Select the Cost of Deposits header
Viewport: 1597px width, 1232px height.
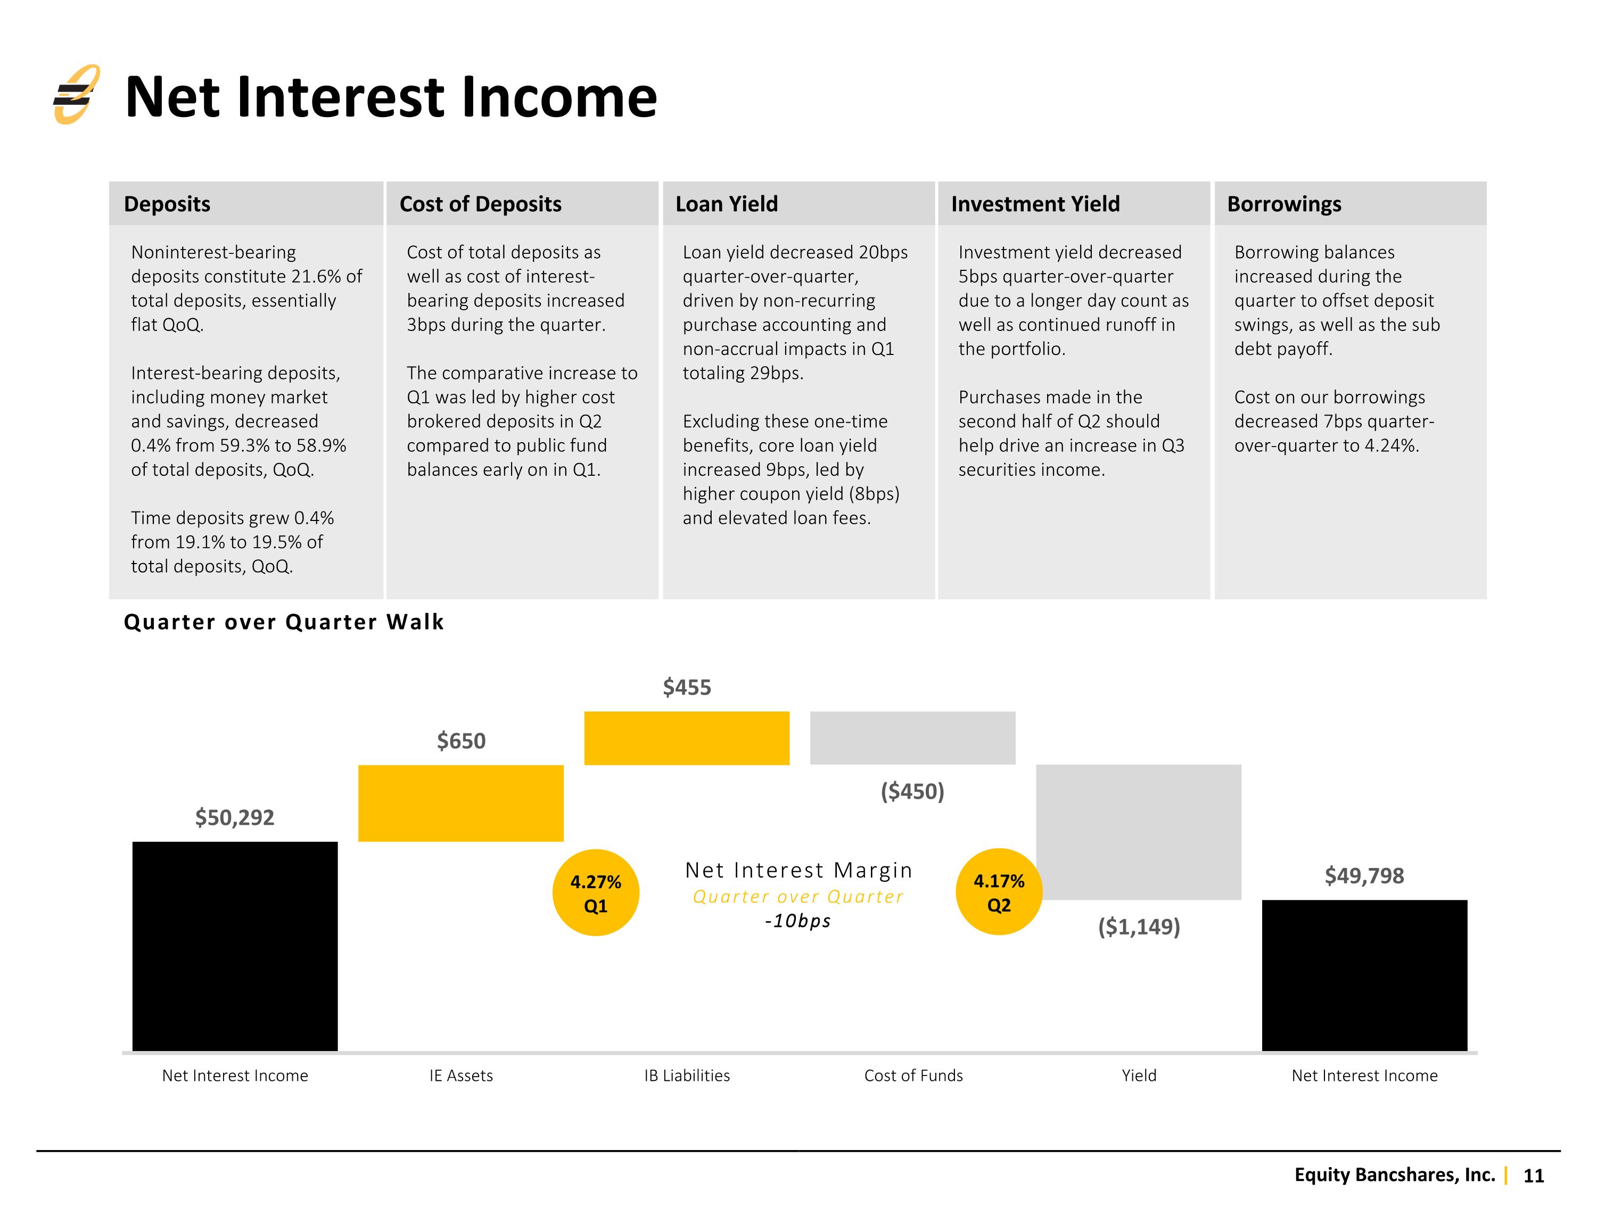pyautogui.click(x=480, y=204)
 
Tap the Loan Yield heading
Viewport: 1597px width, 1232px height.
pyautogui.click(x=726, y=204)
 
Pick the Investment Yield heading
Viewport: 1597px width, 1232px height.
pyautogui.click(x=1035, y=204)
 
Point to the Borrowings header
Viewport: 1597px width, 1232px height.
pyautogui.click(x=1284, y=204)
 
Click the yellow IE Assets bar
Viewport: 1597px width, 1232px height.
pyautogui.click(x=460, y=803)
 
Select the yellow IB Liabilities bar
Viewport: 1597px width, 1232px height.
pyautogui.click(x=687, y=738)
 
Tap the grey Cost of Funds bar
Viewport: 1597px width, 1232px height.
pyautogui.click(x=912, y=738)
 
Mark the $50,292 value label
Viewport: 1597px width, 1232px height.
pyautogui.click(x=235, y=817)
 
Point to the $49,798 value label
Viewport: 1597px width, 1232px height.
pyautogui.click(x=1364, y=875)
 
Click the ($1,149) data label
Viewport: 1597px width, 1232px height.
pyautogui.click(x=1139, y=927)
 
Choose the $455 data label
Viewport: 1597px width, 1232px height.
pyautogui.click(x=687, y=687)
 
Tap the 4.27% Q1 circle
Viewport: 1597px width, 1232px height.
pyautogui.click(x=595, y=893)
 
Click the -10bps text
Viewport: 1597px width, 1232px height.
pyautogui.click(x=798, y=921)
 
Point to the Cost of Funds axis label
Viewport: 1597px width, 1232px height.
pyautogui.click(x=913, y=1076)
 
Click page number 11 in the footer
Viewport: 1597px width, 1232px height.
pyautogui.click(x=1533, y=1176)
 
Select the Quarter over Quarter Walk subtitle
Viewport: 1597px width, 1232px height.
pyautogui.click(x=284, y=622)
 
